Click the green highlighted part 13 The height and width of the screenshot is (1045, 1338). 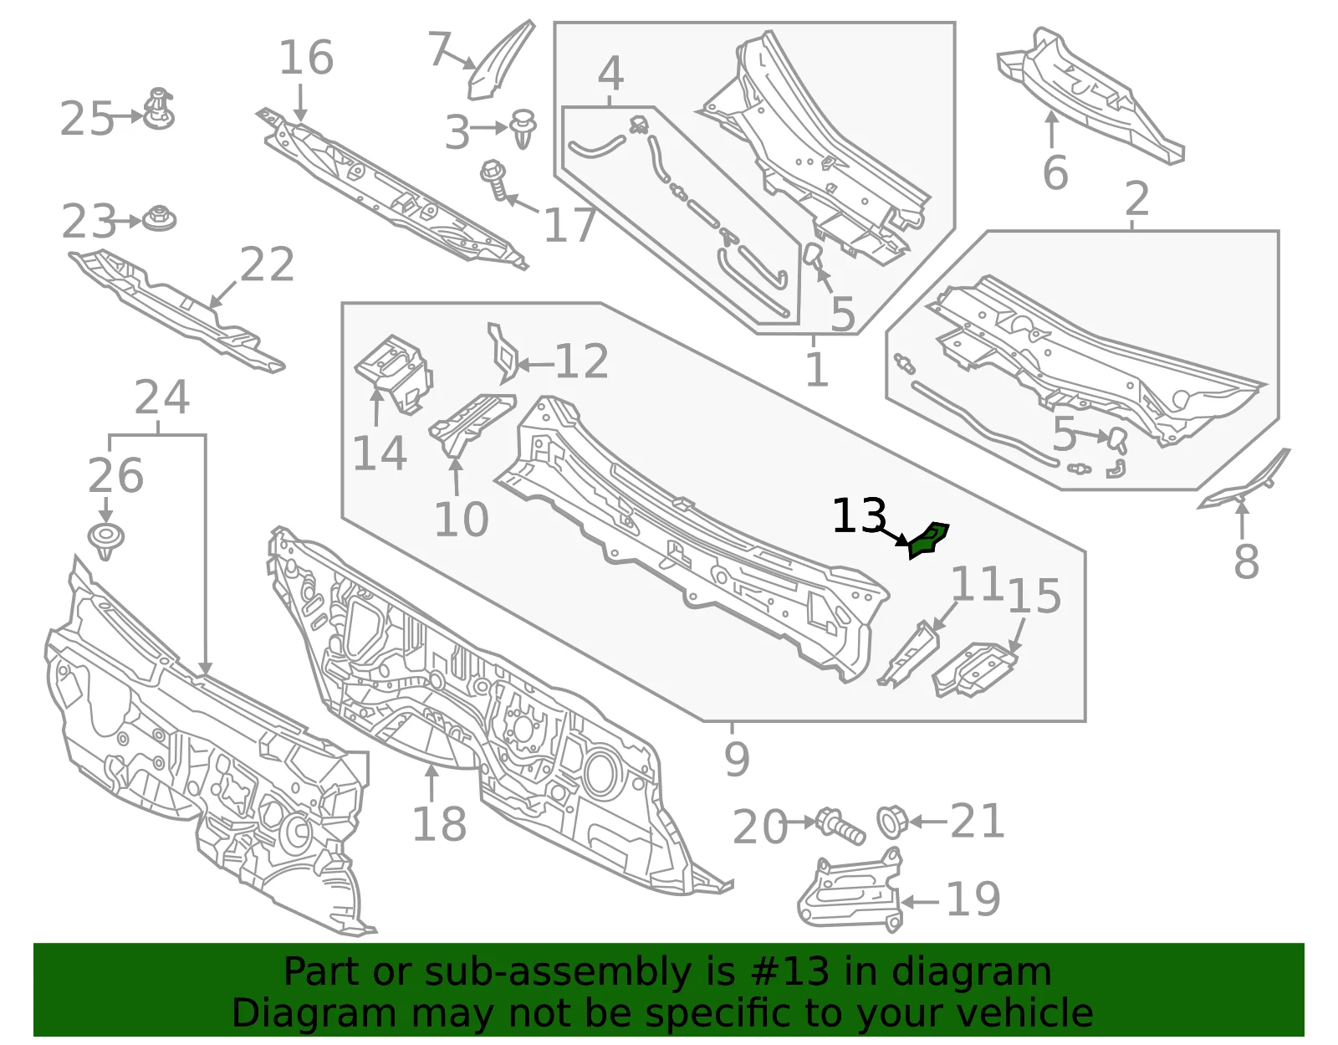[928, 540]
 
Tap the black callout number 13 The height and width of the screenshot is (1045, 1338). [860, 516]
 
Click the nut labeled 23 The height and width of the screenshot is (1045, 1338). [160, 218]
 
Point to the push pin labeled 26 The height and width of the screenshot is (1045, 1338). [106, 540]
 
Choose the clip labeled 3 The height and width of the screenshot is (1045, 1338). [523, 129]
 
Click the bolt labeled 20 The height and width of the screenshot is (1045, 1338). [840, 826]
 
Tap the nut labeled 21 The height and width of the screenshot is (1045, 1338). [892, 822]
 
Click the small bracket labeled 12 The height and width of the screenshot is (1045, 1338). [503, 353]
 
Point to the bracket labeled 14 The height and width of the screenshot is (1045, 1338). [394, 372]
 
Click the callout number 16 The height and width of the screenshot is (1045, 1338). [307, 57]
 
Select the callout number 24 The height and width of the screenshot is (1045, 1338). [162, 397]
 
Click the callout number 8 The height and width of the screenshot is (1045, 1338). [1246, 561]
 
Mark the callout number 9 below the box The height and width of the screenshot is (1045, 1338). [737, 759]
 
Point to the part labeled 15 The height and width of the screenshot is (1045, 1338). [975, 669]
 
